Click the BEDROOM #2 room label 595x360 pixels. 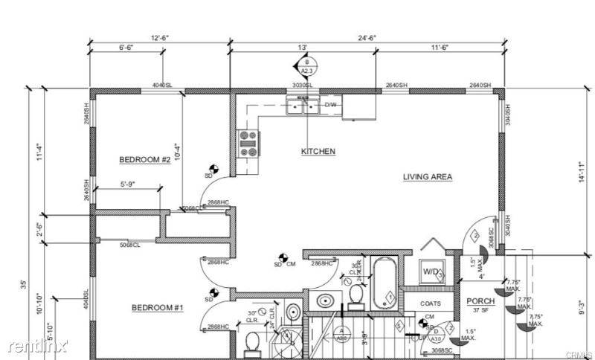[x=145, y=160]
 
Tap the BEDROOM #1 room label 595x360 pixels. [x=158, y=308]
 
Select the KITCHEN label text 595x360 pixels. [x=318, y=152]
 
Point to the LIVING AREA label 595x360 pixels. [x=428, y=177]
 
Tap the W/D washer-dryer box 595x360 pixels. [x=431, y=271]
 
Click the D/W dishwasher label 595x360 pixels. [x=329, y=105]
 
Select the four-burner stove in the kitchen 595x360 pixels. [x=248, y=144]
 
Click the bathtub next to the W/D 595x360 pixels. [x=385, y=283]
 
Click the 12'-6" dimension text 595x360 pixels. [x=159, y=37]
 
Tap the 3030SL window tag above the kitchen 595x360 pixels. [x=303, y=86]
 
